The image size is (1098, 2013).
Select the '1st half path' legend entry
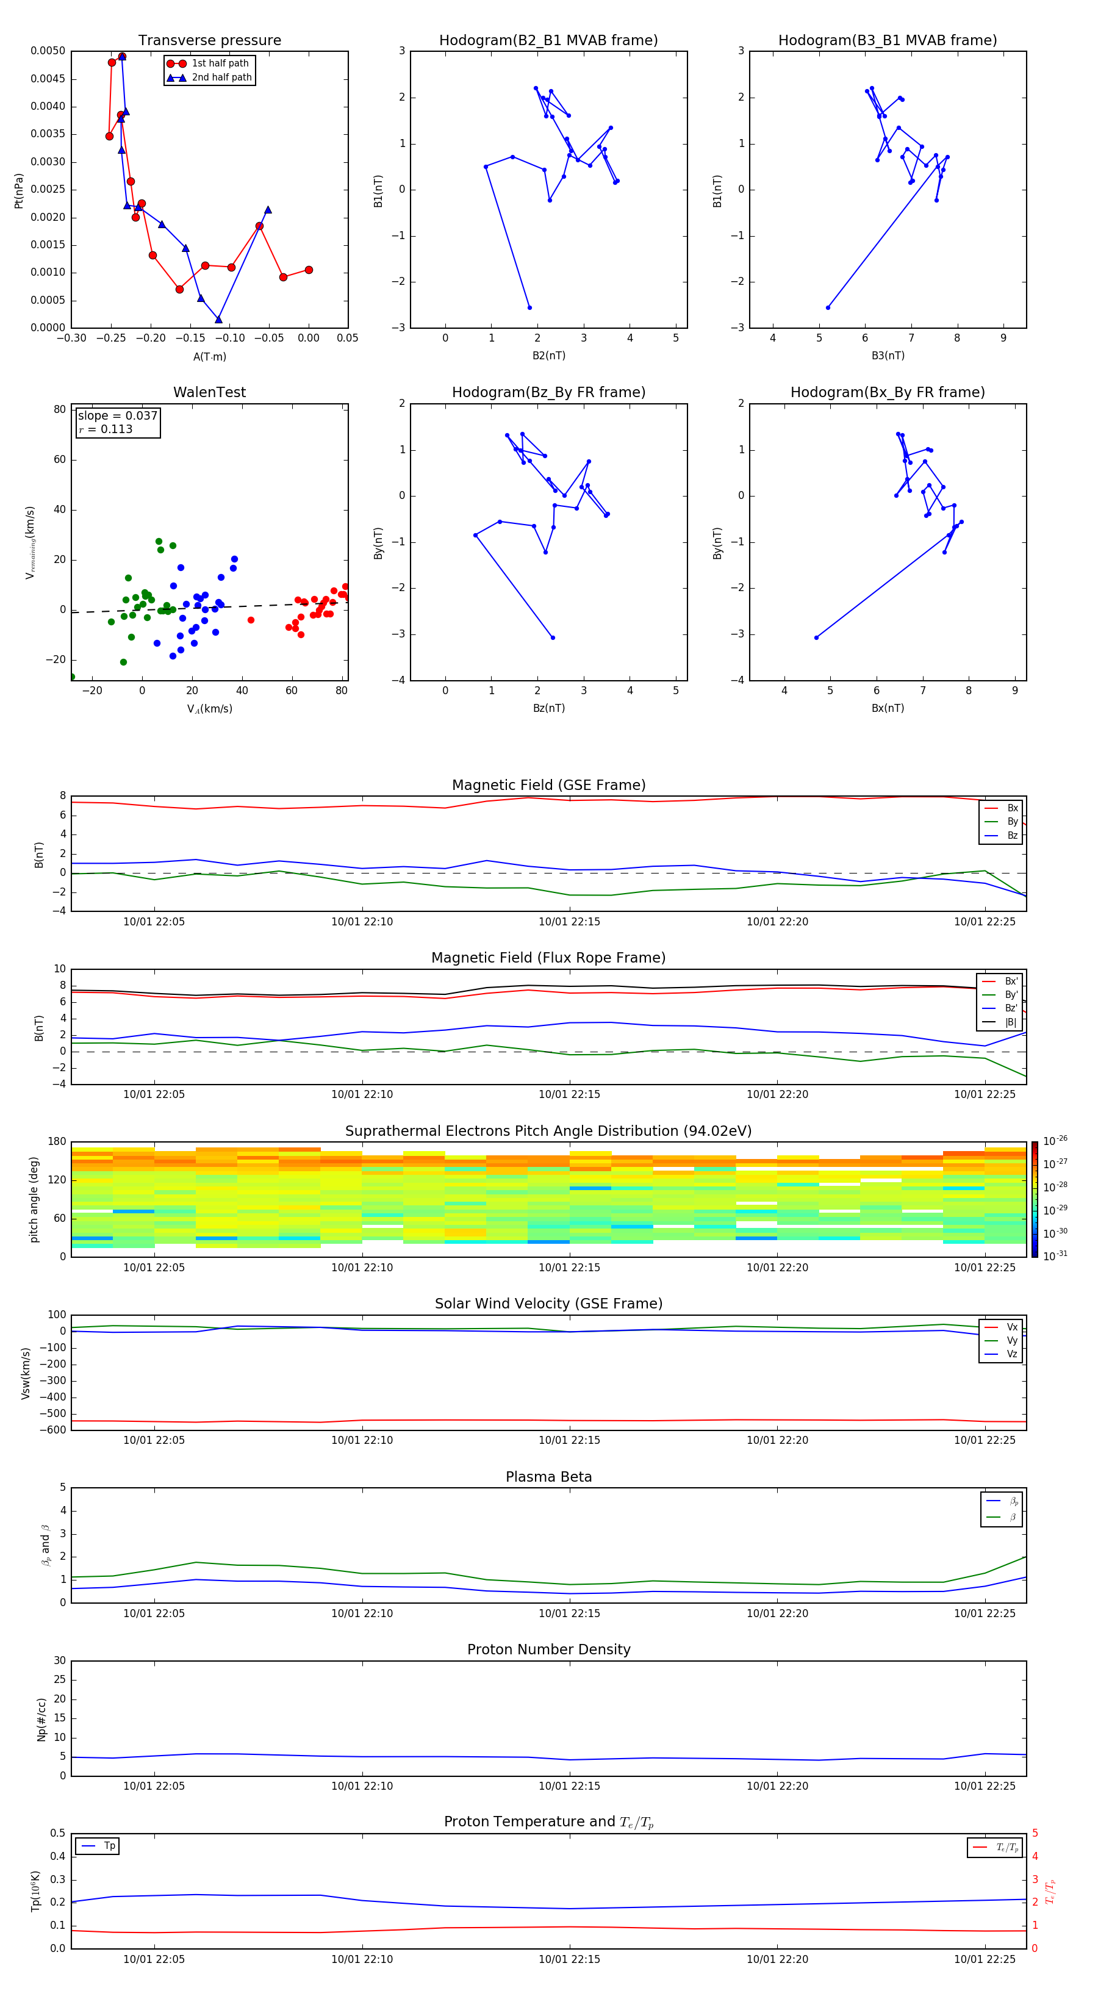(220, 63)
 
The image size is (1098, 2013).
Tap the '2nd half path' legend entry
(221, 77)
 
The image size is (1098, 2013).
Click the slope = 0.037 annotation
(117, 416)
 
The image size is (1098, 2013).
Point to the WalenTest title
(209, 392)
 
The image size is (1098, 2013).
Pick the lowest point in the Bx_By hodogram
(816, 637)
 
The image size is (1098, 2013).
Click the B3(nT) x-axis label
(888, 356)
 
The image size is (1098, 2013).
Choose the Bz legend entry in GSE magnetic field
(1012, 835)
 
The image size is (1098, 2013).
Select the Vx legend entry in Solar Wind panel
(1011, 1327)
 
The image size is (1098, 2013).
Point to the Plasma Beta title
(548, 1477)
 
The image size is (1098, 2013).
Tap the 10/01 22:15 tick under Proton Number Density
(569, 1785)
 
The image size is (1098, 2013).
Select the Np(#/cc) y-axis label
(41, 1719)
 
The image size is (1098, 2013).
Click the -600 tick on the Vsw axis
(55, 1430)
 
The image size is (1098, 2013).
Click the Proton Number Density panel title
(548, 1649)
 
